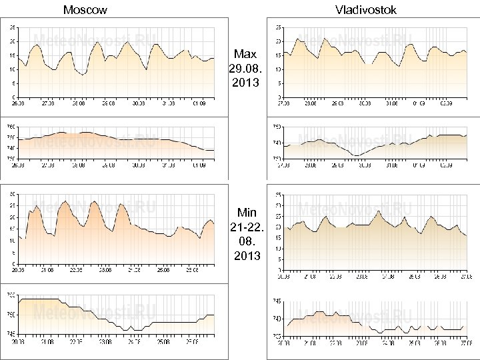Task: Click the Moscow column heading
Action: pos(85,10)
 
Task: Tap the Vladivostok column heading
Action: pos(366,10)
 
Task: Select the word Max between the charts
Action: pos(245,53)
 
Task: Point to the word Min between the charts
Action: pos(246,213)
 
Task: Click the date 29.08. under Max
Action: pos(246,68)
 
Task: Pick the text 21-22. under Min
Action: pos(246,227)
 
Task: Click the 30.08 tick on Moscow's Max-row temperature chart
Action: pos(138,103)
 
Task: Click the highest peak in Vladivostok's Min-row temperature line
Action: pos(379,211)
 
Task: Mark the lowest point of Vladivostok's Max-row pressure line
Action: pos(357,155)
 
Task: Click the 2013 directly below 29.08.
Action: pos(246,83)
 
